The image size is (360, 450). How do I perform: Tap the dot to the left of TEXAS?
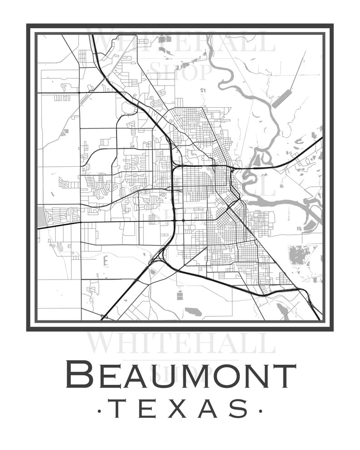(x=100, y=411)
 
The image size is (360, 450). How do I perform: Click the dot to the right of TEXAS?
(x=260, y=411)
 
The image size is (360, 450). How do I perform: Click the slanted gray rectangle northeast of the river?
(x=282, y=98)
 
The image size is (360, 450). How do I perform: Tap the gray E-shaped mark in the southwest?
(x=106, y=261)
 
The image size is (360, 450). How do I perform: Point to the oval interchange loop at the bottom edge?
(x=104, y=317)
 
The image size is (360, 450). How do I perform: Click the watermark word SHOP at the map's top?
(x=180, y=71)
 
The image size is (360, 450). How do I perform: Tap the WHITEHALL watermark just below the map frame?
(x=180, y=343)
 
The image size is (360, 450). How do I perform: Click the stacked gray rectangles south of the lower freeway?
(x=180, y=296)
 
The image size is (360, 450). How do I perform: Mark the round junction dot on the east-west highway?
(x=183, y=221)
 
